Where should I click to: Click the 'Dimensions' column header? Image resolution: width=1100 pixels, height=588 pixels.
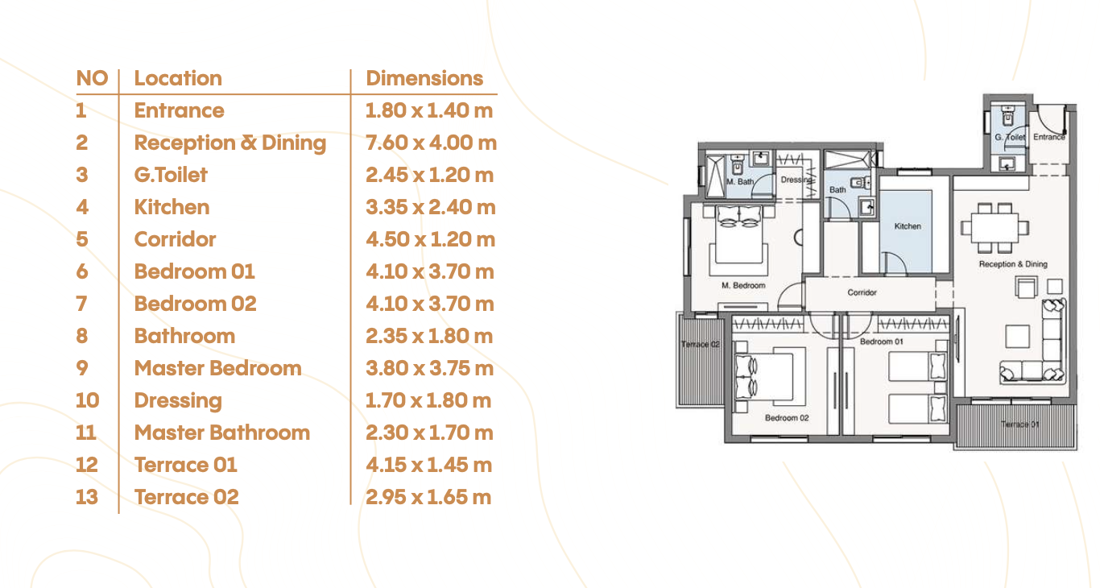[x=424, y=79]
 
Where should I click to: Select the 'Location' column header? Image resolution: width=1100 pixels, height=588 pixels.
[x=178, y=79]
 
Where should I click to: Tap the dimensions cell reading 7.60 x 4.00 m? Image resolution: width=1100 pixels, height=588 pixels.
[x=431, y=143]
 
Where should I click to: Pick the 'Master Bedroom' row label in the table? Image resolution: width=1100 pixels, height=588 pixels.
[x=218, y=368]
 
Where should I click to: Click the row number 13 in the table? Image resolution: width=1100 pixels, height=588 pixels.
[x=87, y=497]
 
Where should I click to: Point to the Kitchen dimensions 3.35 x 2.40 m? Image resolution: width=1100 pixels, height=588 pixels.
[x=431, y=207]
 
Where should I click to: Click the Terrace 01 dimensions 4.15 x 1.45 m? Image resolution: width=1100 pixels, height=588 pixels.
[x=428, y=466]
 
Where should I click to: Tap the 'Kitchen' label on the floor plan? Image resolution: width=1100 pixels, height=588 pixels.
[x=908, y=226]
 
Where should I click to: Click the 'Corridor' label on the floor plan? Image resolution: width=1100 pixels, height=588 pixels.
[x=862, y=292]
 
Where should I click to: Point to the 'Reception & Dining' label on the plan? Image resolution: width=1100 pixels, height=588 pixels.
[x=1013, y=264]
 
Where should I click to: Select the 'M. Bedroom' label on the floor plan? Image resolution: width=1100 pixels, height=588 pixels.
[x=743, y=285]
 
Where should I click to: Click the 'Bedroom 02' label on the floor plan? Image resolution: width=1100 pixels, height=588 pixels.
[x=787, y=418]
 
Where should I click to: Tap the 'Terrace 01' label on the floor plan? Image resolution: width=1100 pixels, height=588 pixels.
[x=1020, y=424]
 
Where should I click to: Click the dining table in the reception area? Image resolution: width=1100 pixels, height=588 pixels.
[x=995, y=229]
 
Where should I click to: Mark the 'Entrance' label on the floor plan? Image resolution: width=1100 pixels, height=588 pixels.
[x=1049, y=137]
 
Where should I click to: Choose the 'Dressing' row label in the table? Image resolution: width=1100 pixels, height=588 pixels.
[x=178, y=401]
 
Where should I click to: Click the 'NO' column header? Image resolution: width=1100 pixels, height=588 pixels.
[x=92, y=79]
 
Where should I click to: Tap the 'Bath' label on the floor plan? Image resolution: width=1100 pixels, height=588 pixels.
[x=837, y=190]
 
